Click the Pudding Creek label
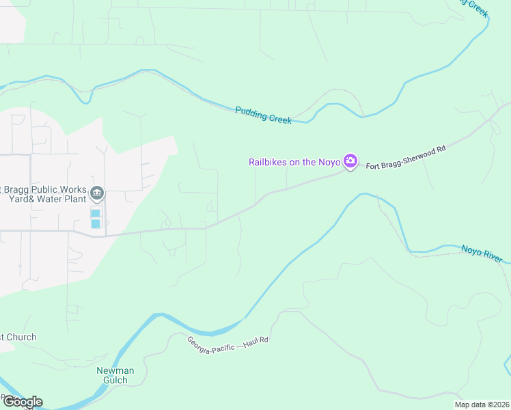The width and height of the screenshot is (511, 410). coord(264,115)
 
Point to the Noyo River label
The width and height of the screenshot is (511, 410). coord(482,254)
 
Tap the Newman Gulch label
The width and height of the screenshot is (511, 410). coord(115,375)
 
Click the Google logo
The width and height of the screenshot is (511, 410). coord(22,402)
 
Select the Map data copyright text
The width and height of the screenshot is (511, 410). coord(482,405)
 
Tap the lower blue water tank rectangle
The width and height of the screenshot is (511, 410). coord(96,223)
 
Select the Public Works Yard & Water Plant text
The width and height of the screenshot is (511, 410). coord(44,194)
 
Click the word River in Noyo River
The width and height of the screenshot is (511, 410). coord(493,257)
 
